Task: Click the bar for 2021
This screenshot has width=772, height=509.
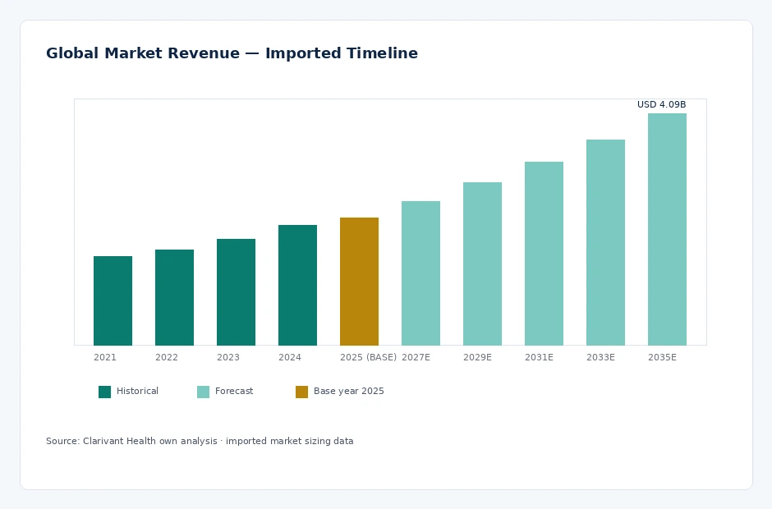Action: pos(113,300)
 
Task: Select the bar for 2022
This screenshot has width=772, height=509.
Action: pos(174,297)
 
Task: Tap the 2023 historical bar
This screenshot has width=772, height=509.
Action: pos(236,292)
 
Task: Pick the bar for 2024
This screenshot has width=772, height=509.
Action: pos(297,285)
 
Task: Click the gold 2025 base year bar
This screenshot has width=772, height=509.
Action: pos(359,282)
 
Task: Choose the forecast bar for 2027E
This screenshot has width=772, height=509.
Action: pos(420,273)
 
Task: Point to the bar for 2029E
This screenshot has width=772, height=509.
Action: pos(482,264)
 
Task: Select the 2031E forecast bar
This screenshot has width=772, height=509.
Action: pos(544,254)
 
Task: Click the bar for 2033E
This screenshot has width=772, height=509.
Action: pos(605,242)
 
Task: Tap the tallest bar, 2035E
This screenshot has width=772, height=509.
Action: pos(667,229)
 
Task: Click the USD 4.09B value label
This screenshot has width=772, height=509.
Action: pos(661,104)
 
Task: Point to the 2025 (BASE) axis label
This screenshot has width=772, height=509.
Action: pos(368,357)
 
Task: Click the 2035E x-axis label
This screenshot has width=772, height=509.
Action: pos(662,357)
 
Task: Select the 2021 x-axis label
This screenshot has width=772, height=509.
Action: pos(105,357)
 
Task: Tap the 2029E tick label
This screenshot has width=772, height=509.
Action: pos(477,357)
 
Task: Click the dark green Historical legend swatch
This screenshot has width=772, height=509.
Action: pos(105,392)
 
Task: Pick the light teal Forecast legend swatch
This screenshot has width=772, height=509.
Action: pos(204,392)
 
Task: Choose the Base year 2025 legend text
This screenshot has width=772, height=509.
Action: pos(348,392)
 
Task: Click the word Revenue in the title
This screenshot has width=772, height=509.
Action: pos(204,53)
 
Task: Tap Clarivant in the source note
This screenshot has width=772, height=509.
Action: pos(103,441)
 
